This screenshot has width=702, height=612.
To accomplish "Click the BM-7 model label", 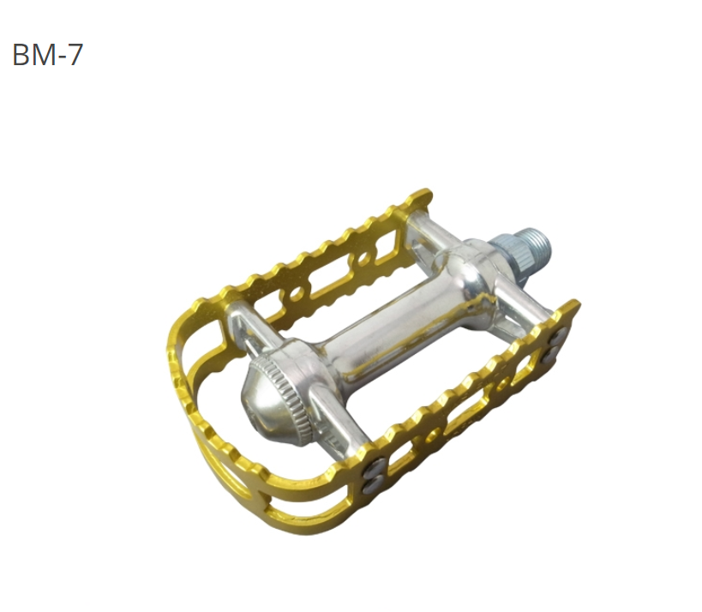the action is click(x=48, y=55).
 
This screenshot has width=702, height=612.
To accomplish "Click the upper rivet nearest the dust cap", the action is click(x=375, y=469).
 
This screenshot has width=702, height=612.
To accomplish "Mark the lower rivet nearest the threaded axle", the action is click(x=549, y=354).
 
